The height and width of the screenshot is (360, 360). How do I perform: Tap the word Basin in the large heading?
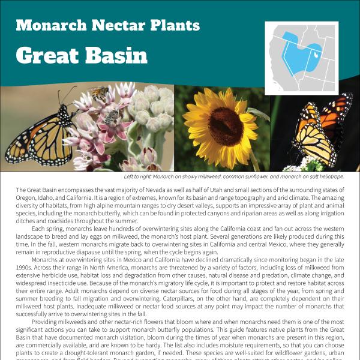tap(113, 55)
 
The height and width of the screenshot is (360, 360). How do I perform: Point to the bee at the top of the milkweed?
tap(99, 93)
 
